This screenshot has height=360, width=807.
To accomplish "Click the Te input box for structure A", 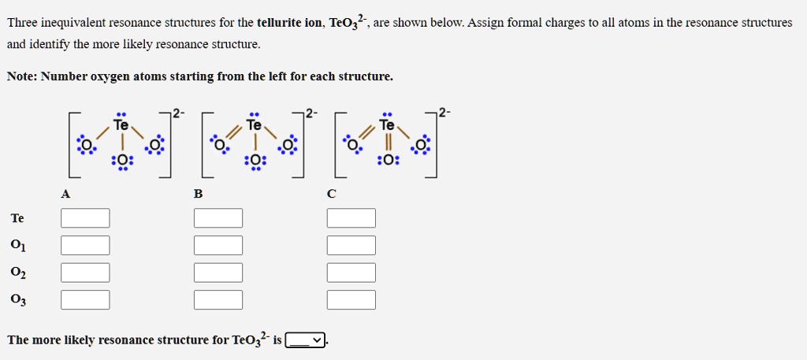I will tap(85, 218).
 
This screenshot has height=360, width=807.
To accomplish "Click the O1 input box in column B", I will tap(218, 245).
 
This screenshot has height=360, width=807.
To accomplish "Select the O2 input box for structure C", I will tap(351, 273).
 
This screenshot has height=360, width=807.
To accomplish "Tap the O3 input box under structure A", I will tap(85, 299).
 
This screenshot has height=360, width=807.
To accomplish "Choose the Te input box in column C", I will tap(351, 218).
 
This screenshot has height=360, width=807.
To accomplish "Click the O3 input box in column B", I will tap(218, 299).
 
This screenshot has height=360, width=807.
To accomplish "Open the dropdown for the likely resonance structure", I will tap(306, 340).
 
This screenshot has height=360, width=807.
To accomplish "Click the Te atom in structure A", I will tap(121, 125).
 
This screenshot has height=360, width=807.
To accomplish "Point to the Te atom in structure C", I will tap(387, 125).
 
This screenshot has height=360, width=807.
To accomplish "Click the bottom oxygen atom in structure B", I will tap(255, 161).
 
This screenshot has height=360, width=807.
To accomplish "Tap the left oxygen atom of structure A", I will tap(84, 147).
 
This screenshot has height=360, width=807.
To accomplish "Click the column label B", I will tap(198, 194).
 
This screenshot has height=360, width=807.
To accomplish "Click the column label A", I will tap(65, 194).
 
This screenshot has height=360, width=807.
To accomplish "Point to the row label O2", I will tap(18, 273).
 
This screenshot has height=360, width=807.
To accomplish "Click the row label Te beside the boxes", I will tap(17, 218).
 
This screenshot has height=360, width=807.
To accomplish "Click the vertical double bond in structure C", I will tap(387, 143).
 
